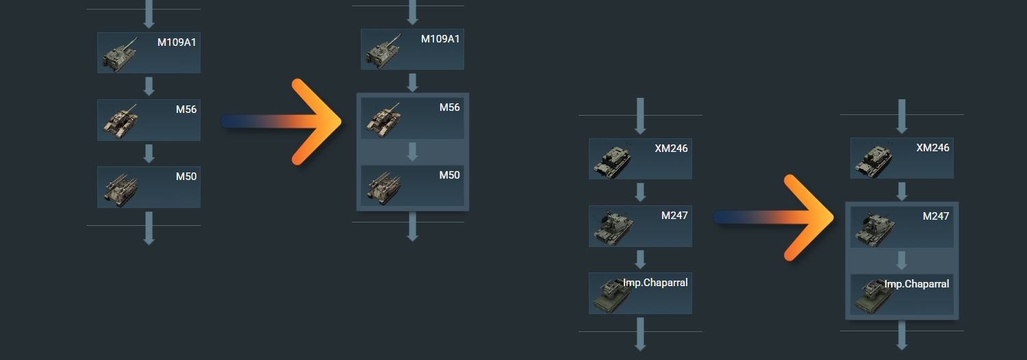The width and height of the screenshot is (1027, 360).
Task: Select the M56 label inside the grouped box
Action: coord(449,107)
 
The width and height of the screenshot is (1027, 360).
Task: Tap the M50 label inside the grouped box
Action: coord(449,175)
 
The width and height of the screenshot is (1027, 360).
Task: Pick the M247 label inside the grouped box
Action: coord(936,216)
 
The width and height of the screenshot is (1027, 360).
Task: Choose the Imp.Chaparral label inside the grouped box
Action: coord(917,283)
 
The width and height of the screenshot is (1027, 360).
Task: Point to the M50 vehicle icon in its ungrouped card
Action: coord(120,188)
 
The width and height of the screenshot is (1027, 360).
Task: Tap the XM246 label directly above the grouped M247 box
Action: coord(933,147)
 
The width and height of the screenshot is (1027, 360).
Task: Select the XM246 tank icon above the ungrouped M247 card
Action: coord(611,160)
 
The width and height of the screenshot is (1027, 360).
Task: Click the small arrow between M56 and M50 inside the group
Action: coord(412,152)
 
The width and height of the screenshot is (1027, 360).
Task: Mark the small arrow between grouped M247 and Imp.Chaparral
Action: coord(902,260)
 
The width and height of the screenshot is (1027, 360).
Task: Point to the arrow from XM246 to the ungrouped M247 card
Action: coord(640,192)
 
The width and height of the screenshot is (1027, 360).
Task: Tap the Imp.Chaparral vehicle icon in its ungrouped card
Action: coord(610,294)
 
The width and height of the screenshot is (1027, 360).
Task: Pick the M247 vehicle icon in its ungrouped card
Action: coord(611,228)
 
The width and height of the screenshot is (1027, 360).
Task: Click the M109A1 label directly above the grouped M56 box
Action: coord(440,39)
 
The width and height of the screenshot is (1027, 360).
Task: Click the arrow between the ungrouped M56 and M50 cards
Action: coord(149,153)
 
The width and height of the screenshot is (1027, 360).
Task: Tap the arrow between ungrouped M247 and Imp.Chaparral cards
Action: coord(640,259)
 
